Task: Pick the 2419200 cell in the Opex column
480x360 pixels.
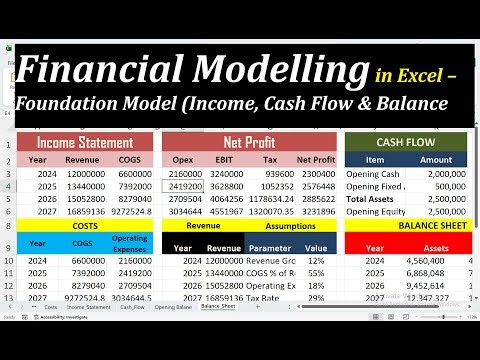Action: [x=185, y=186]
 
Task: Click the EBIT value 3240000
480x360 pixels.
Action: [x=225, y=172]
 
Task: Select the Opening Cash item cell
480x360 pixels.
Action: [x=372, y=172]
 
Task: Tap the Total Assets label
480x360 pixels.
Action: [x=371, y=199]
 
